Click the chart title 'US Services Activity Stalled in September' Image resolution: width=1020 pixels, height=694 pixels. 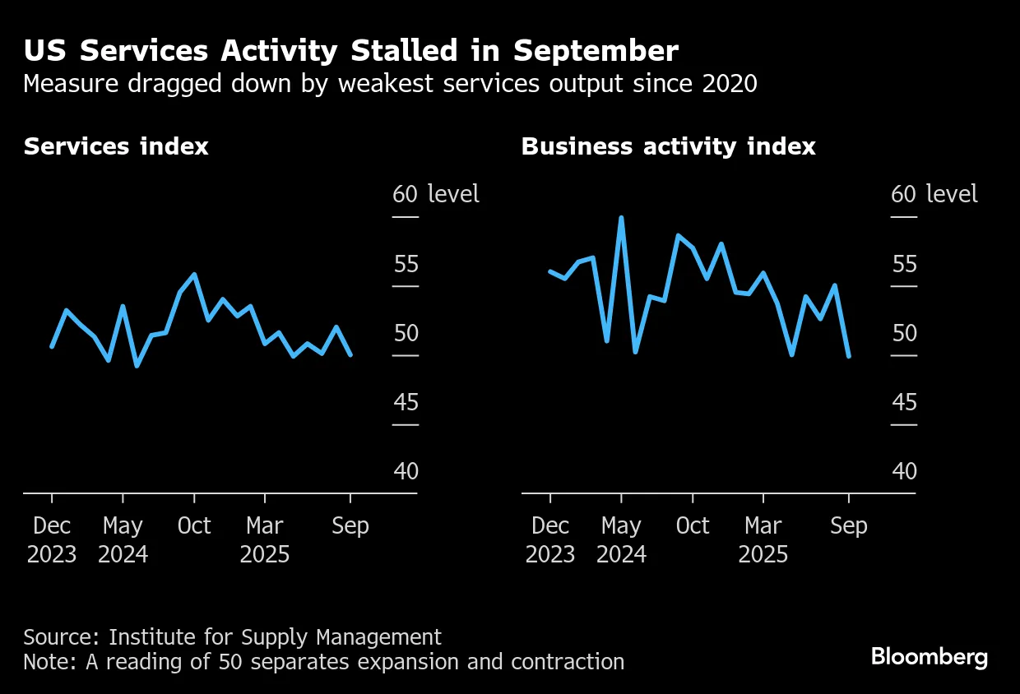tap(350, 51)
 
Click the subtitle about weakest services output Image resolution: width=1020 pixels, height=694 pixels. tap(390, 84)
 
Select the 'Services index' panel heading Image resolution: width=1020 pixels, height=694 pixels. tap(116, 147)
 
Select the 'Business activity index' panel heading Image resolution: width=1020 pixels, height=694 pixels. tap(668, 147)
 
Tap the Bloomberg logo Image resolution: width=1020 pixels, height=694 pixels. tap(930, 657)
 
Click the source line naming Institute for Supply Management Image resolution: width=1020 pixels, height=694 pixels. tap(232, 637)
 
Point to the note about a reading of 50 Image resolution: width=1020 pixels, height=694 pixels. tap(323, 662)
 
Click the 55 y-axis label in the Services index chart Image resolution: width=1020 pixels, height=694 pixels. tap(406, 265)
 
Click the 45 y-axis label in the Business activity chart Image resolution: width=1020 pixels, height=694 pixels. tap(904, 403)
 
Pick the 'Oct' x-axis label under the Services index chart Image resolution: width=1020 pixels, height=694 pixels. tap(194, 526)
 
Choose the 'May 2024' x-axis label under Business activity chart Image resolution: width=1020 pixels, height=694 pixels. tap(621, 540)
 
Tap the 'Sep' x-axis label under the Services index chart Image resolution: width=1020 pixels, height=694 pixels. tap(350, 526)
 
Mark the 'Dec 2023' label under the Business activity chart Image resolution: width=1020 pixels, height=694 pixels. tap(549, 540)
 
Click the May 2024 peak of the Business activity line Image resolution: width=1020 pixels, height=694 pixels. tap(621, 218)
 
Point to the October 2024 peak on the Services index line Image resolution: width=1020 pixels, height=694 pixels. tap(194, 275)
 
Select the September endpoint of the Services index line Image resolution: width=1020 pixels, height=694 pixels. tap(351, 354)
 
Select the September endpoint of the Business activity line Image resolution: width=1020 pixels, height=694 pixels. tap(849, 356)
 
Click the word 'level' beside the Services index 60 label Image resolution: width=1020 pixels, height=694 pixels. tap(453, 195)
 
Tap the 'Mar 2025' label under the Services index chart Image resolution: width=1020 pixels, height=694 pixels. tap(265, 540)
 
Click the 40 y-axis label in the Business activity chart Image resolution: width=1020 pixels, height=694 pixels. tap(904, 472)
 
